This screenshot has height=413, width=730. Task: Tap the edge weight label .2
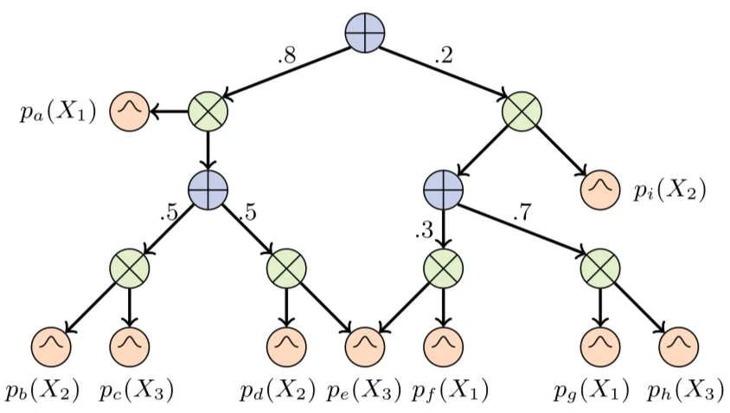(444, 58)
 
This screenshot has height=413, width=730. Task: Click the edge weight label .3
(424, 230)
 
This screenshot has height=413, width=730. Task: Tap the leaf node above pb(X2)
(51, 346)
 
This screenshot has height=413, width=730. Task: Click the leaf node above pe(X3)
(365, 346)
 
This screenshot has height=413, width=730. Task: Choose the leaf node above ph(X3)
(678, 346)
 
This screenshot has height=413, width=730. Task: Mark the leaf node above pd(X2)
(286, 346)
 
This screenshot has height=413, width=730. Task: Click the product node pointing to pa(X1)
(208, 111)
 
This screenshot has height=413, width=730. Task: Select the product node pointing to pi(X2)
(522, 111)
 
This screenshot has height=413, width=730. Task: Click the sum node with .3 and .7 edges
(444, 190)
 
